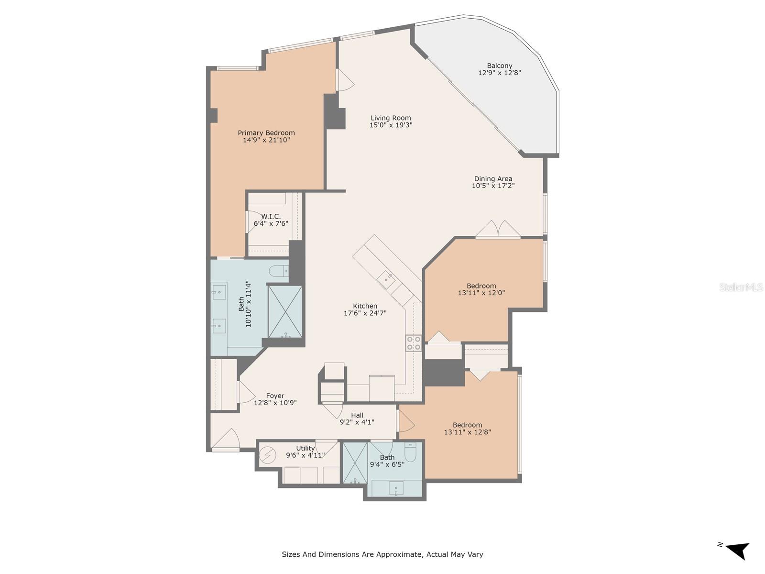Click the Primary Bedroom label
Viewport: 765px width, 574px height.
pyautogui.click(x=266, y=133)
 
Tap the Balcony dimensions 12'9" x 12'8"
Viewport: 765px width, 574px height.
pyautogui.click(x=499, y=73)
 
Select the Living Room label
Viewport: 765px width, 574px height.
pyautogui.click(x=391, y=118)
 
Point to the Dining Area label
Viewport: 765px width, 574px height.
pyautogui.click(x=493, y=179)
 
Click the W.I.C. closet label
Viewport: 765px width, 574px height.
pyautogui.click(x=271, y=216)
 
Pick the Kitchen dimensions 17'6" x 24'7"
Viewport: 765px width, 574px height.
pyautogui.click(x=365, y=313)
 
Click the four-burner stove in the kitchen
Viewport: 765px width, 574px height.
pyautogui.click(x=414, y=342)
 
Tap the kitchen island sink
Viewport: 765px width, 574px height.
pyautogui.click(x=386, y=279)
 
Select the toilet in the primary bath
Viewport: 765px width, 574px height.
pyautogui.click(x=279, y=271)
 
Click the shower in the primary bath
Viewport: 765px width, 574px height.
pyautogui.click(x=285, y=311)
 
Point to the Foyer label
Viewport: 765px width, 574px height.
pyautogui.click(x=275, y=396)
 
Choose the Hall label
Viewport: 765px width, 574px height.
pyautogui.click(x=357, y=415)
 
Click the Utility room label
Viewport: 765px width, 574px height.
pyautogui.click(x=306, y=448)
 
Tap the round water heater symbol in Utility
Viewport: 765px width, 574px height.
pyautogui.click(x=268, y=455)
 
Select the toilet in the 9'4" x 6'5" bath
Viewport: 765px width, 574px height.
pyautogui.click(x=410, y=452)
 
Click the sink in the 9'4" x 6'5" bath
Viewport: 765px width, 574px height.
pyautogui.click(x=396, y=488)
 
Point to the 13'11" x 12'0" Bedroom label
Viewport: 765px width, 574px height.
pyautogui.click(x=481, y=286)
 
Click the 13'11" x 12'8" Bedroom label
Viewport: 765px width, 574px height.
pyautogui.click(x=467, y=425)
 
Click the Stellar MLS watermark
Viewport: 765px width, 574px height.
pyautogui.click(x=741, y=287)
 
